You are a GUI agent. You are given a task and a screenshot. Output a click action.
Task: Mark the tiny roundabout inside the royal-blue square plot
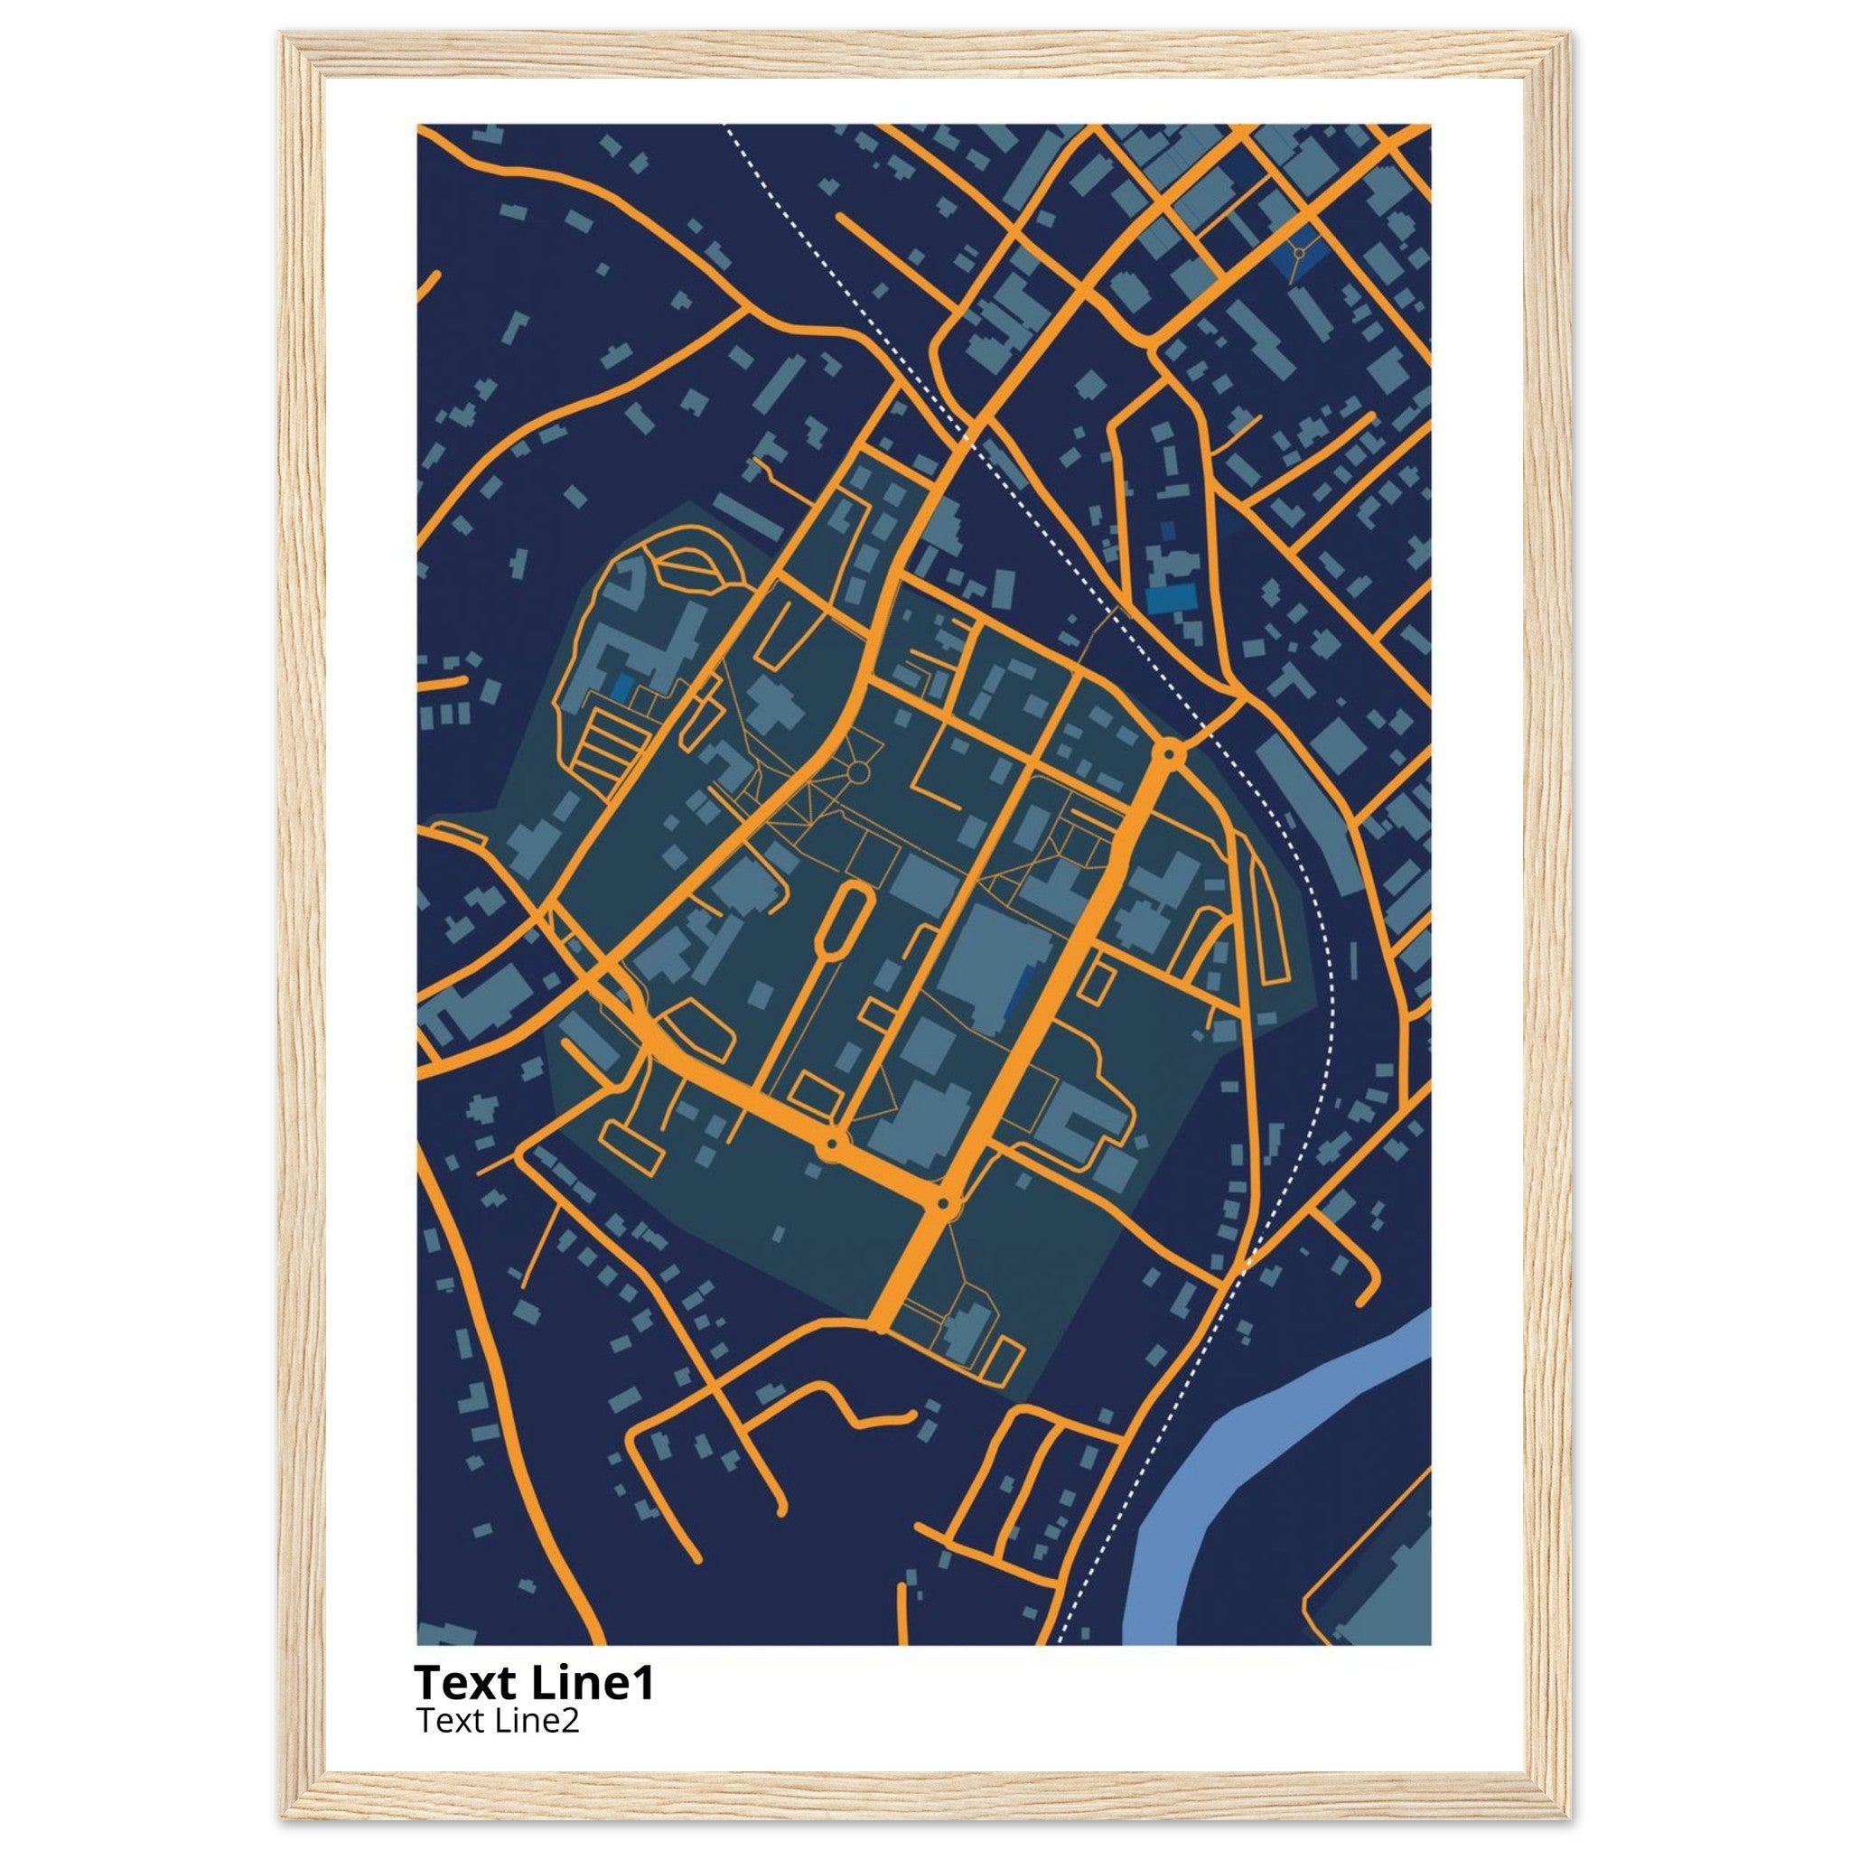tap(1299, 252)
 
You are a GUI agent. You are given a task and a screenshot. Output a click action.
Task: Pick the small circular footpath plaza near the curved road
tap(858, 771)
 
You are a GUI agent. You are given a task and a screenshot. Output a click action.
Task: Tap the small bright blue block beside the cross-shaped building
tap(621, 687)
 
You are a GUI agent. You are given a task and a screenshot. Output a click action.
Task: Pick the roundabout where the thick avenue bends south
tap(943, 1202)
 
